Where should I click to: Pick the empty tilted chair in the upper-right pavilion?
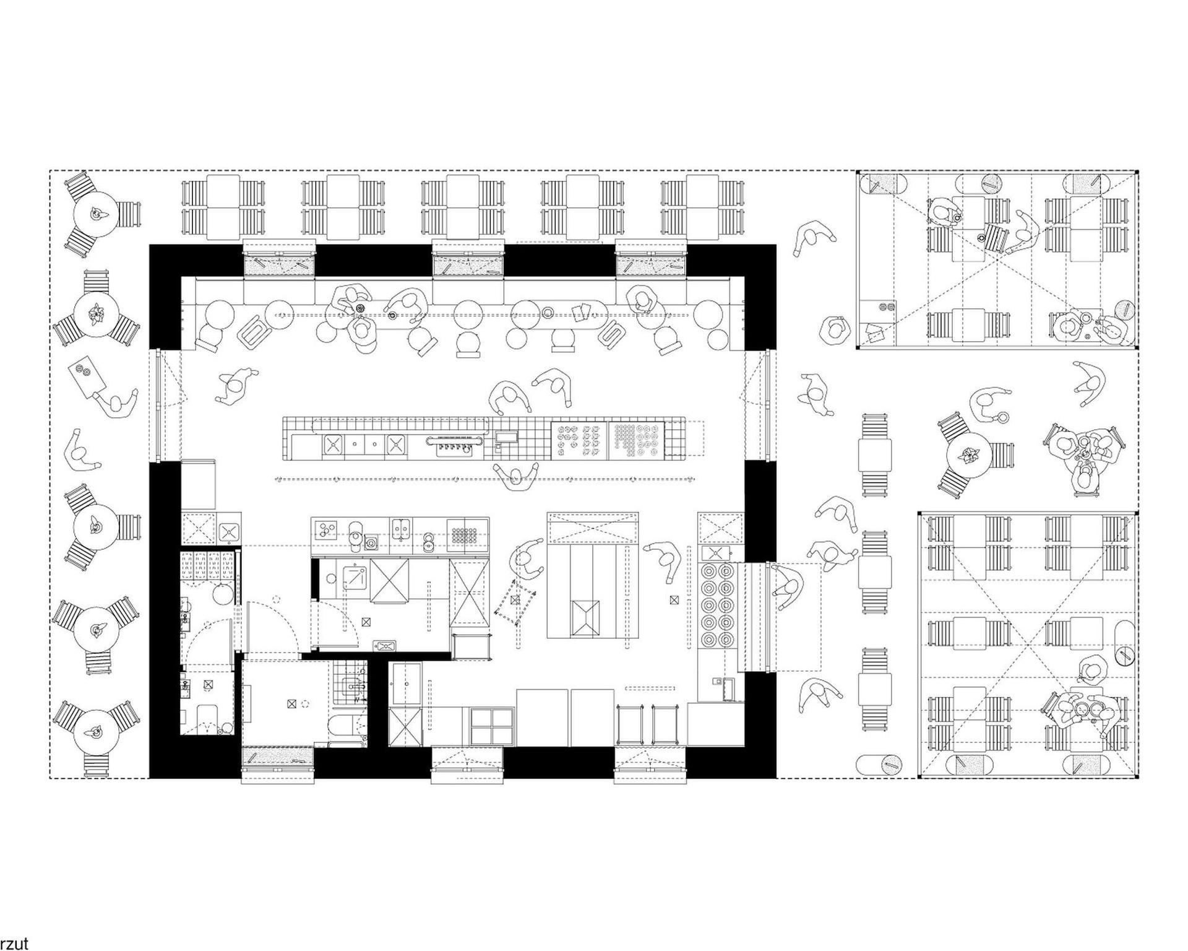coord(994,237)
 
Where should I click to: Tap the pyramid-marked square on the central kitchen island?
coord(585,617)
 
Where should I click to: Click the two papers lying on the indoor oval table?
coord(581,313)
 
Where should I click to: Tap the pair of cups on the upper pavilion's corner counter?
coord(887,306)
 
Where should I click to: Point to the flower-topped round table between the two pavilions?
coord(969,458)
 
